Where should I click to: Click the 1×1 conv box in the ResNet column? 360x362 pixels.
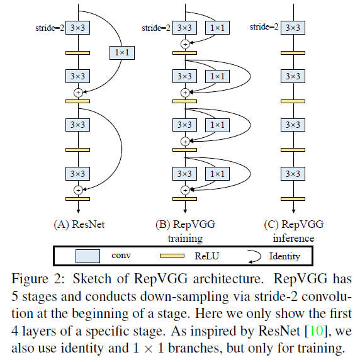[x=123, y=53]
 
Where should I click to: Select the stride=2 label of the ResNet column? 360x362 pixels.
[x=48, y=28]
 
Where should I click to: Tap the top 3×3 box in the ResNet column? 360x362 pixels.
[x=79, y=28]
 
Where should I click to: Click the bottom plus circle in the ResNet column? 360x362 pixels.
[x=79, y=189]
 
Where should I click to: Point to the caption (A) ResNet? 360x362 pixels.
[x=78, y=223]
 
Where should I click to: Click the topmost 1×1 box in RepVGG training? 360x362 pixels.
[x=216, y=28]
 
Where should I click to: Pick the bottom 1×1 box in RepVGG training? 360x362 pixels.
[x=216, y=174]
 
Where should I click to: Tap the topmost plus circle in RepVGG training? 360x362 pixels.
[x=184, y=43]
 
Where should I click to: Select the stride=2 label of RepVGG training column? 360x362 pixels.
[x=154, y=28]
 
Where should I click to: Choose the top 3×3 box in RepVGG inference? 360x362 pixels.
[x=291, y=28]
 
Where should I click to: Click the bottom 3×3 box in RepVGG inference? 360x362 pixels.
[x=291, y=174]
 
